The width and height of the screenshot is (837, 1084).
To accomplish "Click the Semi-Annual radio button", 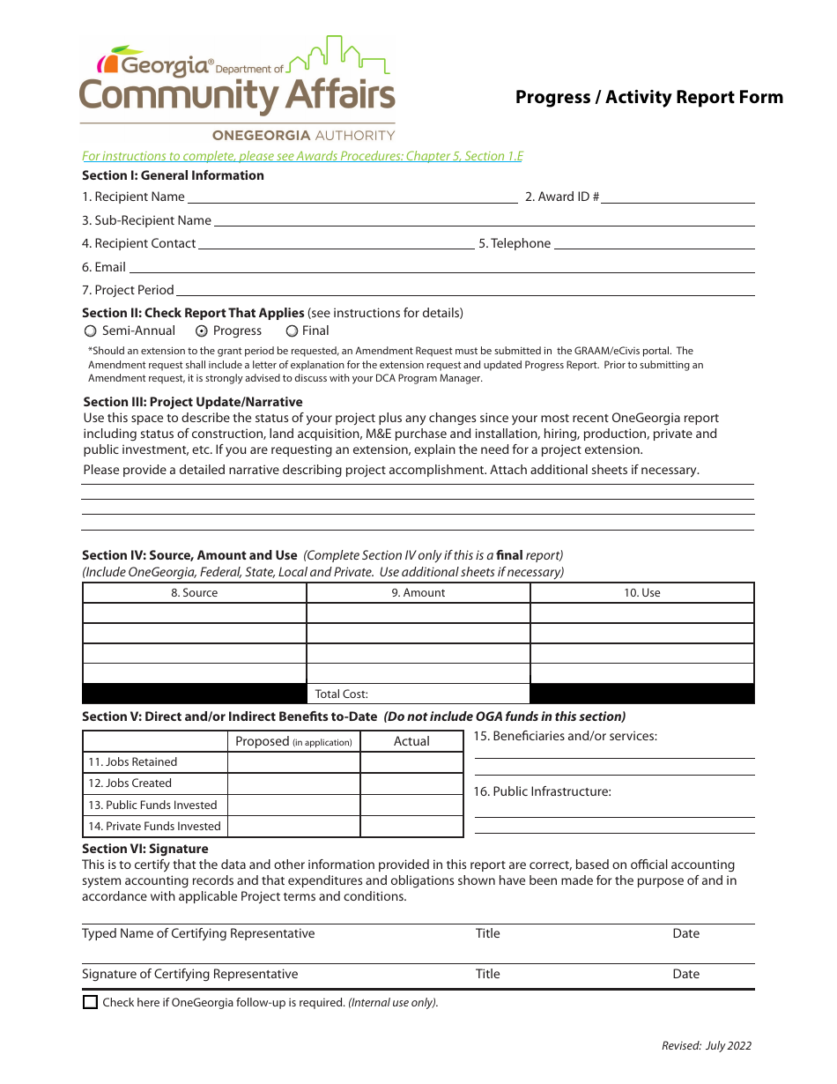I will [x=90, y=331].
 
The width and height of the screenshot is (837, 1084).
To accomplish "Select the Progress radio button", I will [x=201, y=331].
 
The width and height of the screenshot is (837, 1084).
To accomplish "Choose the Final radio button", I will [x=292, y=331].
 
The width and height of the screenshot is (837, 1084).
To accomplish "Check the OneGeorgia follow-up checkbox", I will [x=90, y=1002].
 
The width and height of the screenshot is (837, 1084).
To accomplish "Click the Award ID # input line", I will [x=678, y=197].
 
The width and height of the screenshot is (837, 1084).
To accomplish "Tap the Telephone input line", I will [x=653, y=244].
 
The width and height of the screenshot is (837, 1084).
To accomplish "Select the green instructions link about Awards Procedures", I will [x=302, y=156].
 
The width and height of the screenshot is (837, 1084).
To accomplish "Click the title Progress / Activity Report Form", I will [x=649, y=97].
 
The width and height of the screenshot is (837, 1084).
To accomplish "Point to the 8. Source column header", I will [x=195, y=593].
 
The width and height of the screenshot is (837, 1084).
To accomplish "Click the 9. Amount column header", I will [x=418, y=593].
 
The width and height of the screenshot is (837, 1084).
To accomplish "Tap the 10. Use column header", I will [x=642, y=593].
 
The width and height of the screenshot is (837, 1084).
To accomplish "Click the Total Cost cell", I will [x=418, y=694].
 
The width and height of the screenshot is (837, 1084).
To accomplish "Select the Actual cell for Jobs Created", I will [x=411, y=783].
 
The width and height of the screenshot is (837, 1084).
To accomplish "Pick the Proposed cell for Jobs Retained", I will [x=293, y=762].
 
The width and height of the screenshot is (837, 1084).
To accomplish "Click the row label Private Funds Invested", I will [x=154, y=827].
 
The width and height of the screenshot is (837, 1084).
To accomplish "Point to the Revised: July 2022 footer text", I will [x=707, y=1046].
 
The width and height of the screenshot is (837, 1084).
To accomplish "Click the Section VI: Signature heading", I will [x=145, y=849].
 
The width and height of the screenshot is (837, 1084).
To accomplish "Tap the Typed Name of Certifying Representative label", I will [x=198, y=934].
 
